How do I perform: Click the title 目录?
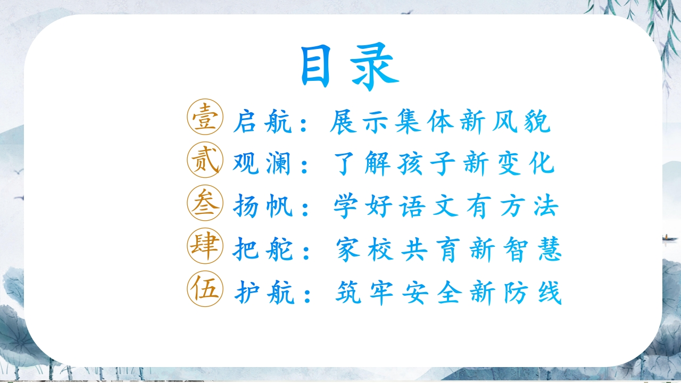coord(350,67)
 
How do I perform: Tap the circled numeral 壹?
coord(205,116)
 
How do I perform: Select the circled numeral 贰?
coord(205,160)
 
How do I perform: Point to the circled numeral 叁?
coord(205,203)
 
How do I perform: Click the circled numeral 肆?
coord(205,246)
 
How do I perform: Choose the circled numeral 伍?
coord(205,289)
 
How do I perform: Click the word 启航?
coord(262,122)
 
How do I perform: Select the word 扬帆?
coord(263,206)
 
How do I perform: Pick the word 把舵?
coord(263,249)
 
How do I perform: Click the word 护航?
coord(264,293)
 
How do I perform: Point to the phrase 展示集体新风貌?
coord(440,122)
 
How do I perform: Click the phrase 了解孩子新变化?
coord(444,163)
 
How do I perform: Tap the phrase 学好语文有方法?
coord(446,206)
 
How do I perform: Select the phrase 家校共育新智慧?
coord(449,249)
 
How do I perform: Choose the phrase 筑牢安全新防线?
coord(449,293)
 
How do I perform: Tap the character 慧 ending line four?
coord(550,249)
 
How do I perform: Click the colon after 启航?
coord(303,124)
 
